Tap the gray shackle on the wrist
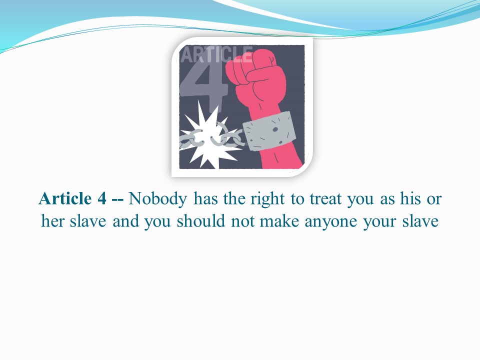tap(269, 131)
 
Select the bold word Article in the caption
tap(65, 198)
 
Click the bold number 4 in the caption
tap(102, 198)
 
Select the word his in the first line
tap(410, 198)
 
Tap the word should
tap(201, 220)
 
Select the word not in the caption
tap(242, 221)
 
